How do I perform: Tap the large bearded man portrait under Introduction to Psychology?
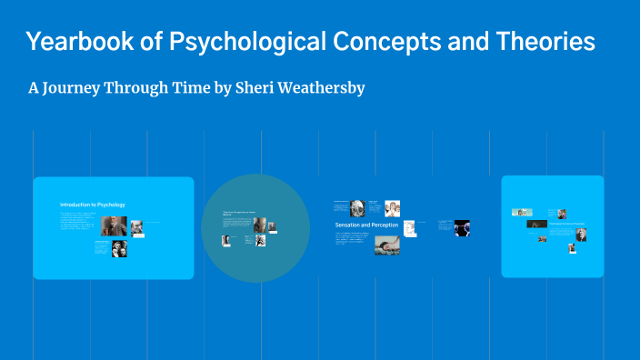114,226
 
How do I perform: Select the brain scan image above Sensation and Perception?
357,207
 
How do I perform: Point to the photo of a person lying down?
386,245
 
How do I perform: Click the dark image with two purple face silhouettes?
462,227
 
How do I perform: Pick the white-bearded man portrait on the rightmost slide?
581,235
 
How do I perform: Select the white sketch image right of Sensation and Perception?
410,227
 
